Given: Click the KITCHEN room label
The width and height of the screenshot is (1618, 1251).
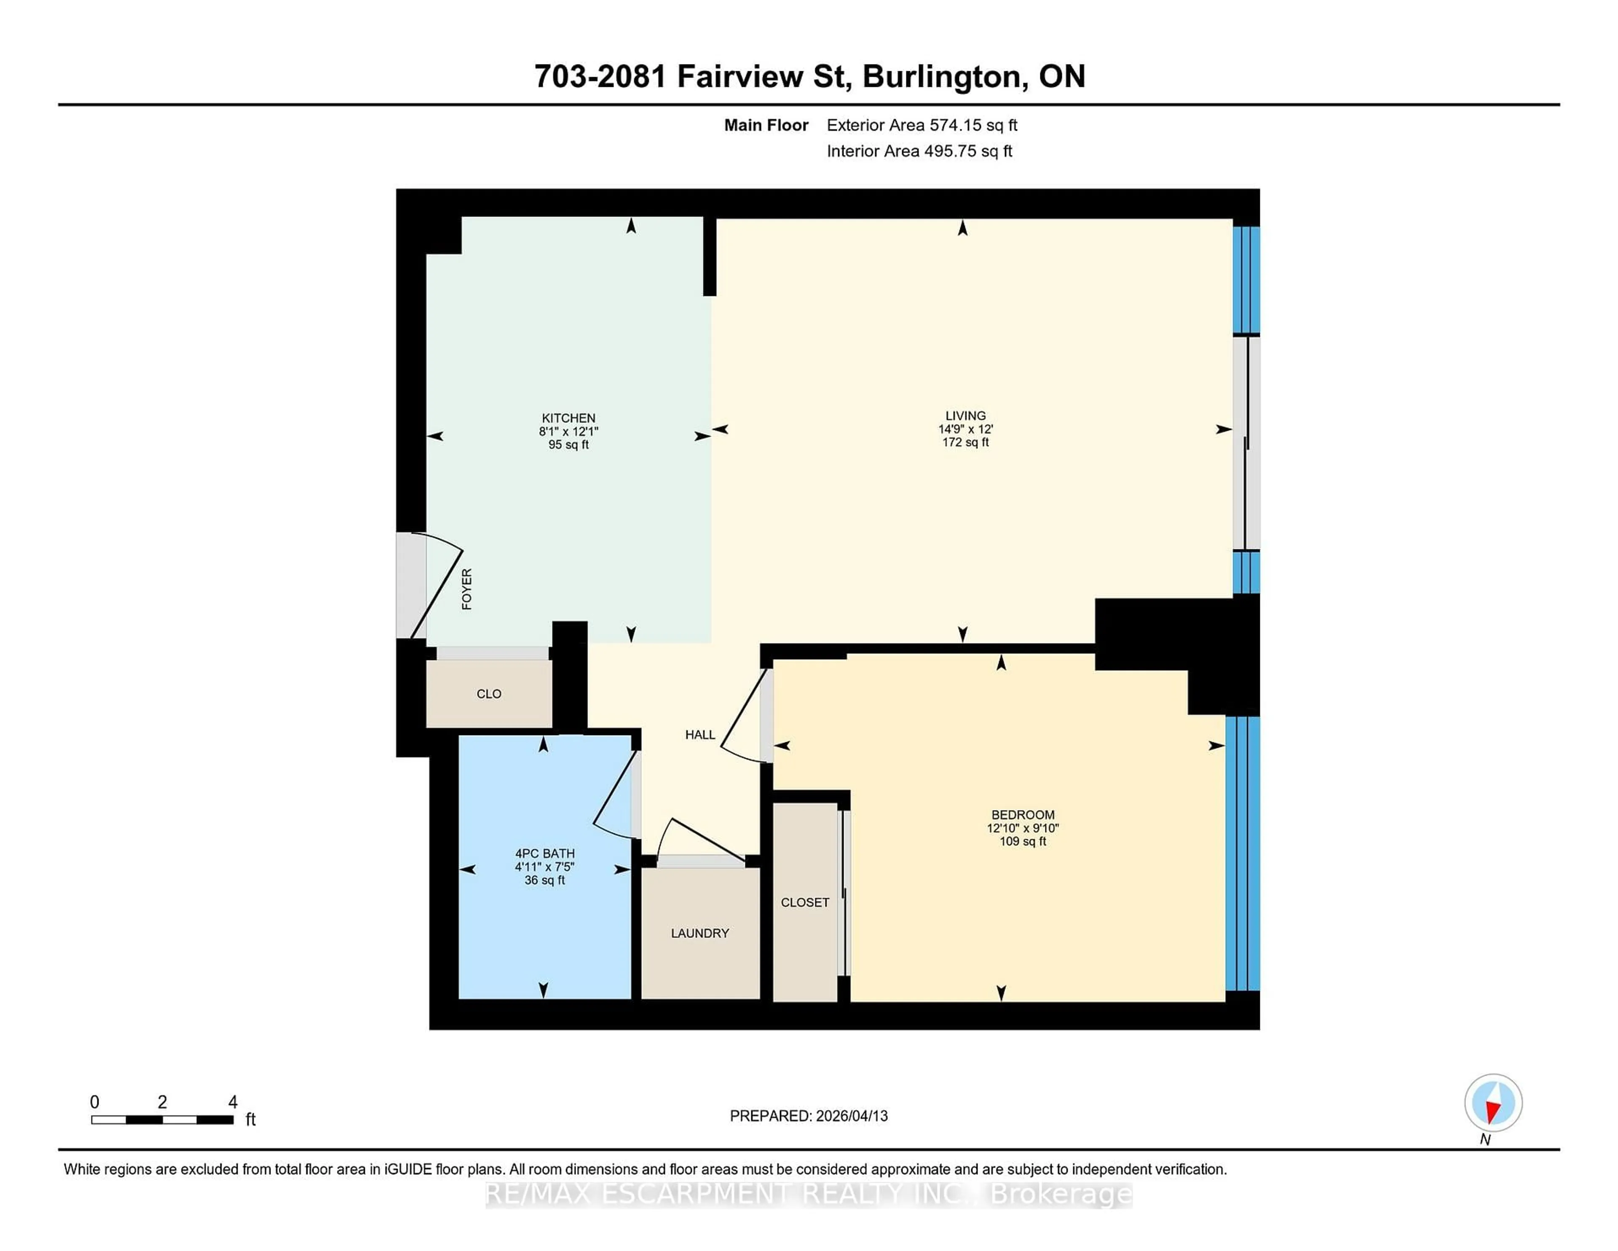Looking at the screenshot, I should [x=568, y=418].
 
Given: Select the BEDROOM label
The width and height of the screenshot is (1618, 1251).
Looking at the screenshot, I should [x=1022, y=814].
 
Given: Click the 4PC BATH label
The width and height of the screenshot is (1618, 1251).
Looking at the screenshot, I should [x=544, y=853].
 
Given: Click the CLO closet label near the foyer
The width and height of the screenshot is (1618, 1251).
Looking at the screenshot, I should [x=488, y=694].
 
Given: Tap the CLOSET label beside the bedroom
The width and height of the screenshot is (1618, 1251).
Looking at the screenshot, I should [x=804, y=902].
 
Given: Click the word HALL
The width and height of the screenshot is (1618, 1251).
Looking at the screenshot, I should [x=699, y=734].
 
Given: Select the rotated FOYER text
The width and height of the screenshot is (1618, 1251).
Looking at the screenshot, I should [x=467, y=589].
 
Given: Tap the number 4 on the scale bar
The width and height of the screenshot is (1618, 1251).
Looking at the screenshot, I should [x=233, y=1102].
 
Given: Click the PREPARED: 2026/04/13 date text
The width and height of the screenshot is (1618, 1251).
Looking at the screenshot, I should [x=808, y=1115].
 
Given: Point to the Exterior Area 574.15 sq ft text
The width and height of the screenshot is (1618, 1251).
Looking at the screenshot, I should [x=922, y=125].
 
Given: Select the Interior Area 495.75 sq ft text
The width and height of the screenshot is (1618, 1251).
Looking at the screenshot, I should [x=919, y=151].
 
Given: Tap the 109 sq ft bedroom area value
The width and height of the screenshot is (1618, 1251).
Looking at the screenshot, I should [x=1022, y=841].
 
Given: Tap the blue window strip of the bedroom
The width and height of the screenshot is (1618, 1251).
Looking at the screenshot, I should [x=1243, y=852].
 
